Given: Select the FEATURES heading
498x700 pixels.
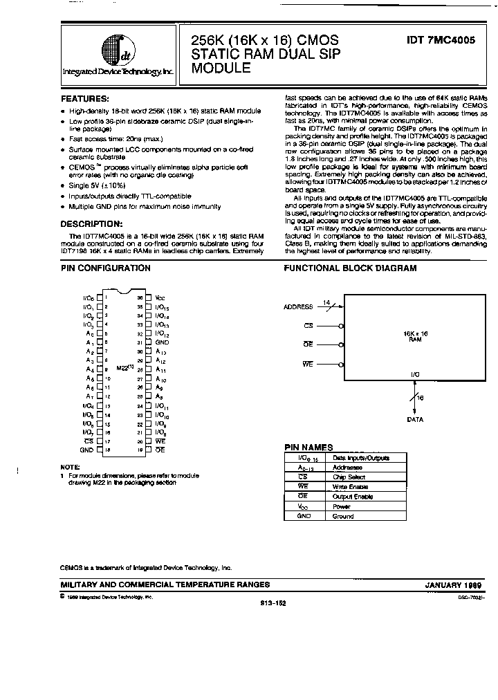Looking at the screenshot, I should pyautogui.click(x=84, y=99).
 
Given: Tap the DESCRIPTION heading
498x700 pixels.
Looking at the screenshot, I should pyautogui.click(x=91, y=223).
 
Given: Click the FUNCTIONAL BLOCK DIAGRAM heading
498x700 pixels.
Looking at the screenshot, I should pyautogui.click(x=351, y=268).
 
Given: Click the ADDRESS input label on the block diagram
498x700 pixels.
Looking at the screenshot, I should pyautogui.click(x=298, y=306).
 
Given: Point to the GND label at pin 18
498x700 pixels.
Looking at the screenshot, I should pyautogui.click(x=86, y=450).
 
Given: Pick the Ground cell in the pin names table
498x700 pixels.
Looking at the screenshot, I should pyautogui.click(x=343, y=516).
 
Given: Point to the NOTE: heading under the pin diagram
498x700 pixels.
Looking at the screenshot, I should pyautogui.click(x=70, y=468).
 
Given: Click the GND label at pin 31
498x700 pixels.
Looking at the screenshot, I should pyautogui.click(x=162, y=342).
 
